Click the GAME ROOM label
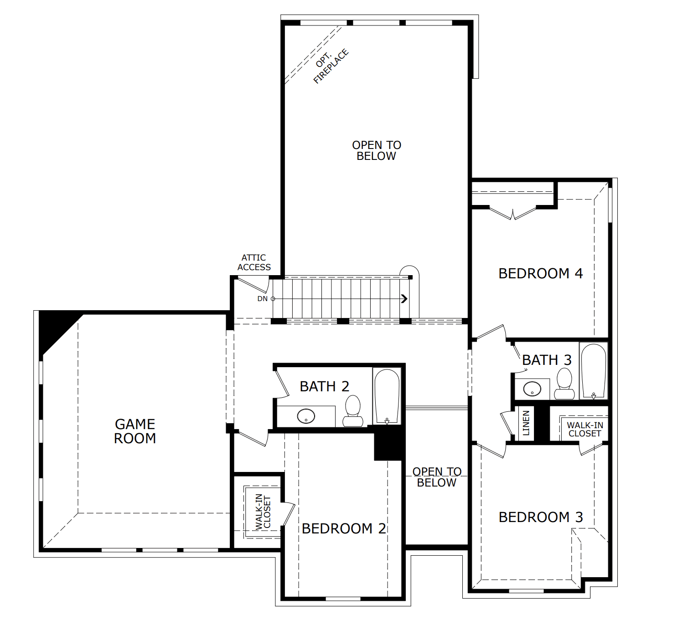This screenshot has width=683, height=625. tap(135, 431)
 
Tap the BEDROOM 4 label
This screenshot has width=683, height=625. tap(541, 273)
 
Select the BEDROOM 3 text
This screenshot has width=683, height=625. tap(541, 517)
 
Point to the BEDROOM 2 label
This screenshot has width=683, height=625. tap(344, 528)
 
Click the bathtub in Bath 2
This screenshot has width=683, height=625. tap(387, 396)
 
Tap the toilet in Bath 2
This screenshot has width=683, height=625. tap(353, 410)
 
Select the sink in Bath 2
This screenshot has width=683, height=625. tap(306, 416)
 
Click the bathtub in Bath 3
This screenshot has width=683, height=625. tap(594, 371)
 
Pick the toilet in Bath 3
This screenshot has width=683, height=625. tap(564, 384)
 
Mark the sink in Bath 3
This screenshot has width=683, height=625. tap(532, 389)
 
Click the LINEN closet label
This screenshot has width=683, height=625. tap(526, 423)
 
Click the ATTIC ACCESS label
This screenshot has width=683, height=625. tap(254, 262)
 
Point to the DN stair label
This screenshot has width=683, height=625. tap(263, 299)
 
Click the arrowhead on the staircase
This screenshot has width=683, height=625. tap(404, 299)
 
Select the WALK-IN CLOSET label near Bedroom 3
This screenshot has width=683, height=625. tap(585, 430)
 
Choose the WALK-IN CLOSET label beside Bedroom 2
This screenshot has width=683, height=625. tap(263, 512)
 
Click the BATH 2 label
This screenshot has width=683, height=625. tap(325, 386)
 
